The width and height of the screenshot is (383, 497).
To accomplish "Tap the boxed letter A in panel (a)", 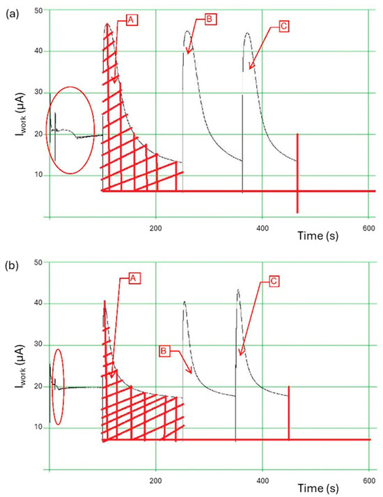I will [130, 21].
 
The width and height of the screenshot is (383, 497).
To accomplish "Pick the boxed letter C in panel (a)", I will [284, 26].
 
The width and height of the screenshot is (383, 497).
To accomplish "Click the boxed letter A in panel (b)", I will [134, 278].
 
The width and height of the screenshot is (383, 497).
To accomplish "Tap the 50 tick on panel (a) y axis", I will [37, 10].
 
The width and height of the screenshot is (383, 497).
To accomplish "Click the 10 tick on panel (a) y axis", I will [37, 175].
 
